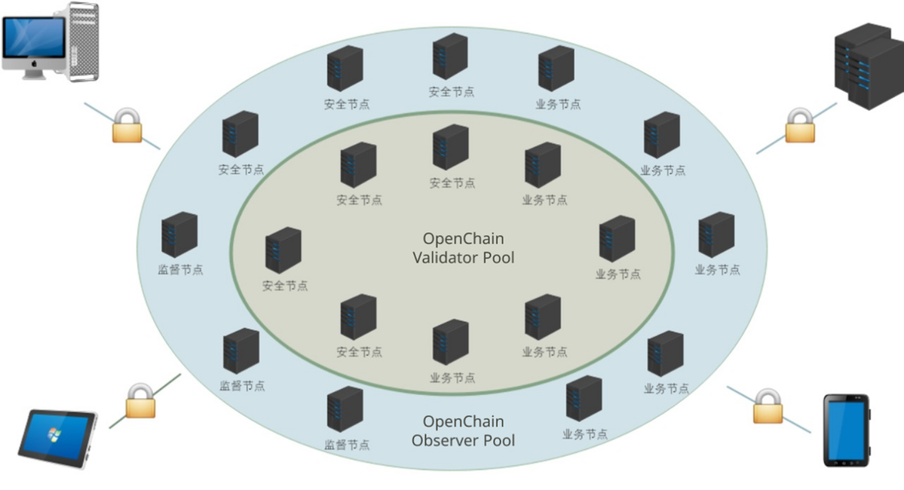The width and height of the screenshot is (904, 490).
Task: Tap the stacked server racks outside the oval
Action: coord(867,65)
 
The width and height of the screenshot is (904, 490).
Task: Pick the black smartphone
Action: coord(846,430)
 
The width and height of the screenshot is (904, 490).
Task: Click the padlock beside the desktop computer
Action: coord(127,126)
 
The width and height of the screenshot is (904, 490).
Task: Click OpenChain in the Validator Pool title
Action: coord(463,239)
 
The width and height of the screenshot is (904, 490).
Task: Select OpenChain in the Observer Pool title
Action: coord(463,421)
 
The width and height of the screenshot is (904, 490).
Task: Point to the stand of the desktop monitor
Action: coord(35,75)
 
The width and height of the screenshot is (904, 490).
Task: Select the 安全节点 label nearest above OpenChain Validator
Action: coord(452,183)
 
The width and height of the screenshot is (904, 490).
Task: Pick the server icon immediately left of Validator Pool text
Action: coord(283,250)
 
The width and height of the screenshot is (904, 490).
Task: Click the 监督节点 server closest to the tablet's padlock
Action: coord(241,351)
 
